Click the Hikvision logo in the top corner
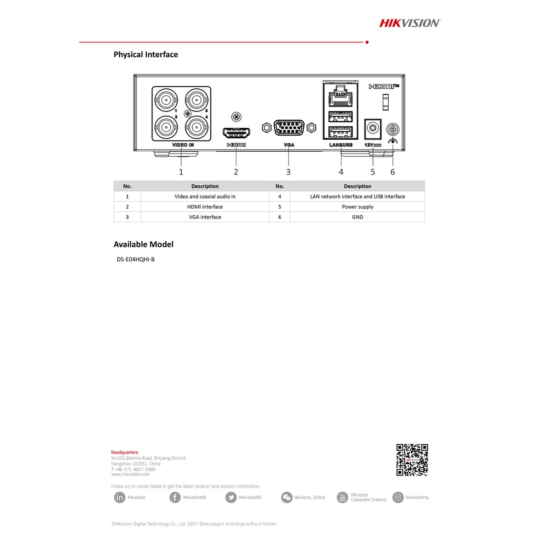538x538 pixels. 410,23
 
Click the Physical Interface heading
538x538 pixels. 146,55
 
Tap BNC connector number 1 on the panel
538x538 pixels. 166,99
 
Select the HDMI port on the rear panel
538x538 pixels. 236,132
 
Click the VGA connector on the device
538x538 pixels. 288,128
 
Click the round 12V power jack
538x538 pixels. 373,128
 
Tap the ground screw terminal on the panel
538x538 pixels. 392,129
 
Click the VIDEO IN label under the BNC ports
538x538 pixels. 183,144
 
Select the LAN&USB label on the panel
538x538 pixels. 340,144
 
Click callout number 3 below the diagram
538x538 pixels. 288,172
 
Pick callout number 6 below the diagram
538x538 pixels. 392,172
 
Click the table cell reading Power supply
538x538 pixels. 357,207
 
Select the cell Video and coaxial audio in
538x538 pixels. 205,196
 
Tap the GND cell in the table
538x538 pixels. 357,217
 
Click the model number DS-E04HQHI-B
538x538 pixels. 136,259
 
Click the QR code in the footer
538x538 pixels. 412,460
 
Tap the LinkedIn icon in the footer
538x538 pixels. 120,498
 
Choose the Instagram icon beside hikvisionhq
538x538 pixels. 398,498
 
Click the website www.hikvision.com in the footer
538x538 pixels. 130,474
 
